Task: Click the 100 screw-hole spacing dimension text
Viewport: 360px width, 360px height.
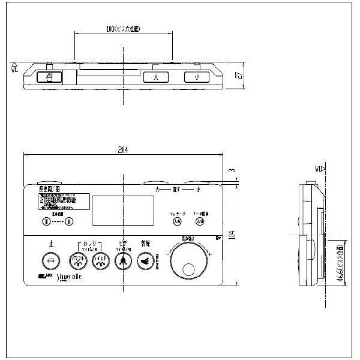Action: pos(124,28)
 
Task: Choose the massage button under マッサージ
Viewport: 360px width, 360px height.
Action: pos(176,221)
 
